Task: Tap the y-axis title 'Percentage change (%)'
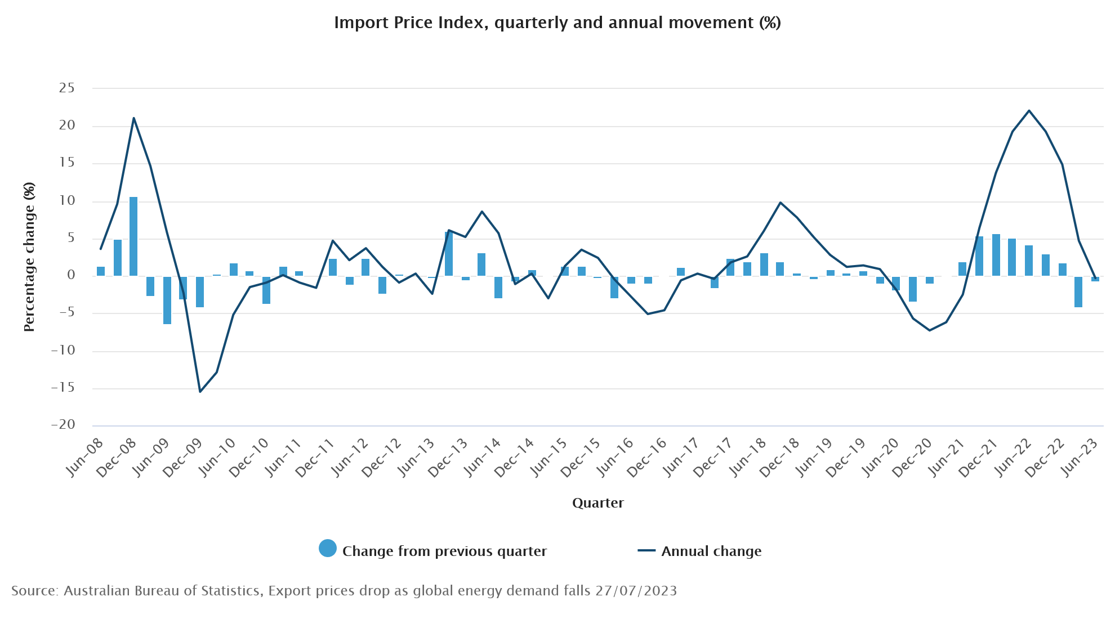[x=29, y=257]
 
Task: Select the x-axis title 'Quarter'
[x=597, y=503]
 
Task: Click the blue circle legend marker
[x=328, y=548]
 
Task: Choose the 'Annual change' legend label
[x=711, y=551]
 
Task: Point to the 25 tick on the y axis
[x=66, y=88]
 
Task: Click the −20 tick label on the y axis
[x=63, y=425]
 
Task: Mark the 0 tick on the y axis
[x=71, y=275]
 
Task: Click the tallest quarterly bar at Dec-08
[x=133, y=236]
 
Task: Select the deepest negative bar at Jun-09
[x=167, y=300]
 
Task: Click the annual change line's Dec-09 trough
[x=200, y=391]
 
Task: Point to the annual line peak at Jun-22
[x=1029, y=111]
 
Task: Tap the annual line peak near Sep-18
[x=780, y=203]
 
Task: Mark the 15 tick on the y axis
[x=66, y=163]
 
